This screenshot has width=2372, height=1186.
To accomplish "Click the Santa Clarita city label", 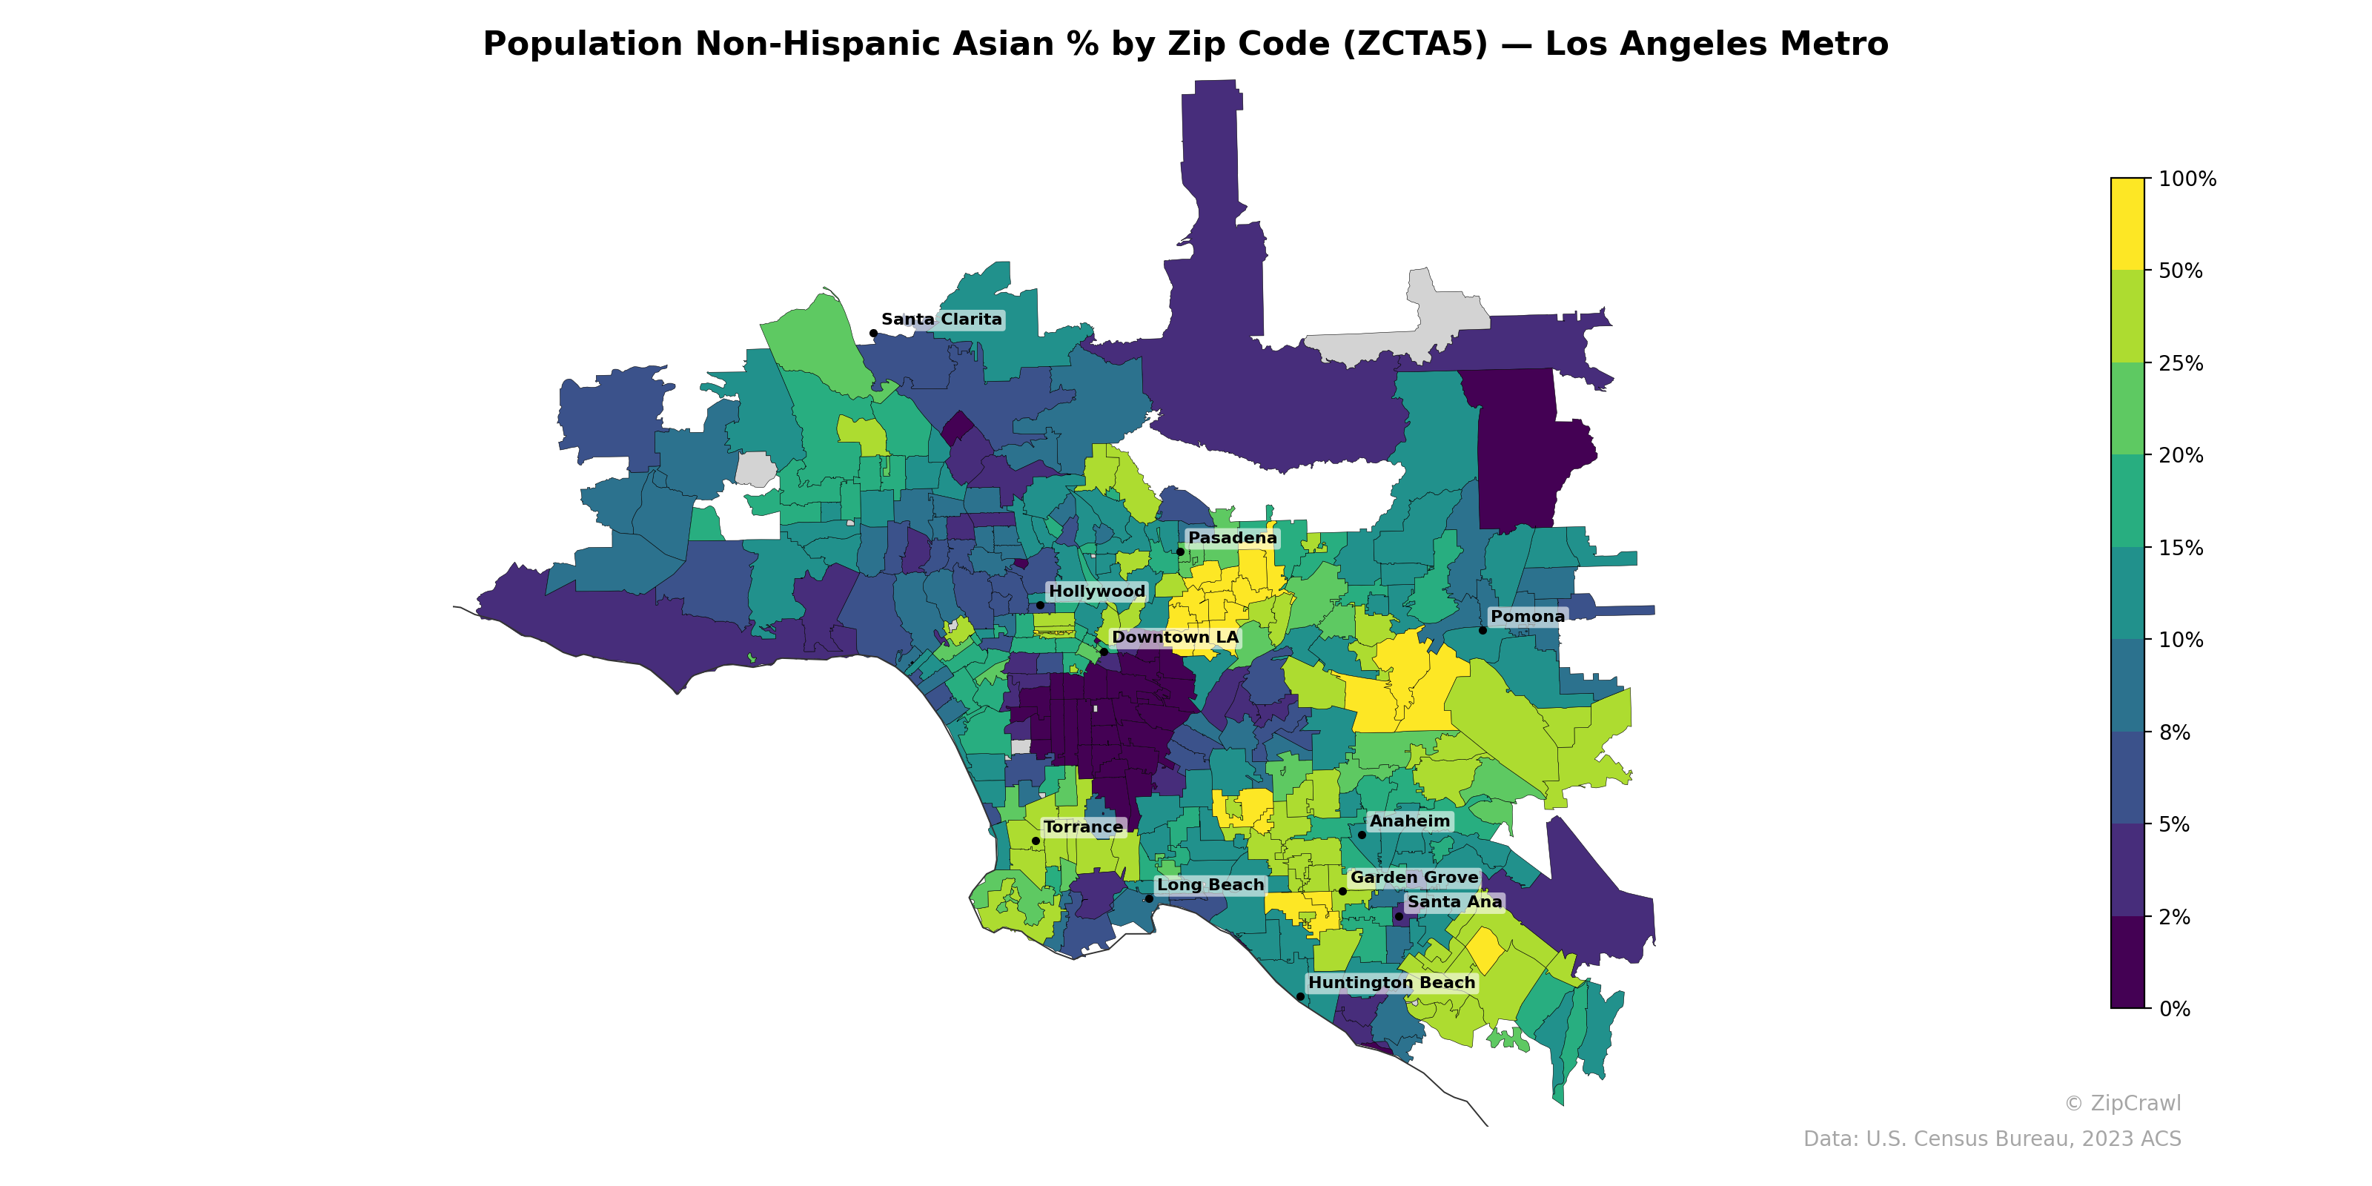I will point(941,319).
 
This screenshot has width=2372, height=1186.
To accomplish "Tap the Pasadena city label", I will point(1232,537).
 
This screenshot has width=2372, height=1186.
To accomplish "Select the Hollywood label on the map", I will point(1097,592).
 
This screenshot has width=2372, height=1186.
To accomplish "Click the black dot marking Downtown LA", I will point(1103,652).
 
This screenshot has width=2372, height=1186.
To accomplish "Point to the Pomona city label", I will point(1527,617).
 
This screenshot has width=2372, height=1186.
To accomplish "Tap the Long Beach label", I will point(1210,885).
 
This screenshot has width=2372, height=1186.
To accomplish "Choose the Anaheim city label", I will point(1409,821).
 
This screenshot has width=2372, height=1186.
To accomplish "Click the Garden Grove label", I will point(1414,878).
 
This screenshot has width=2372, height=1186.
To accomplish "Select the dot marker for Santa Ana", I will point(1399,916).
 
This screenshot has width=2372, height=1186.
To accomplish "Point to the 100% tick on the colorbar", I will point(2187,179).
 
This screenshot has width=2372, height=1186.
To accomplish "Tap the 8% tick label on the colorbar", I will point(2174,733).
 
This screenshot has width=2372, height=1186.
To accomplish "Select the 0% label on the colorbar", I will point(2174,1009).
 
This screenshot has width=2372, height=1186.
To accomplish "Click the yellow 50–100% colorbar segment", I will point(2127,224).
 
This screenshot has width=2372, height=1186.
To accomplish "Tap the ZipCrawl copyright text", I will point(2122,1103).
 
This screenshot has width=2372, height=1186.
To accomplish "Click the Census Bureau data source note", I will point(1992,1139).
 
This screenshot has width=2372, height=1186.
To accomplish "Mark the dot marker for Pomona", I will point(1482,630).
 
